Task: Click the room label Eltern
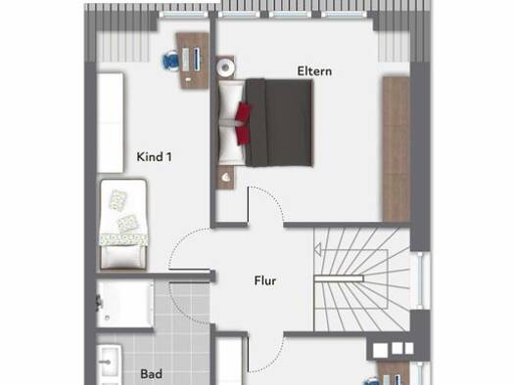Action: point(314,71)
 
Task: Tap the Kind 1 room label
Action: point(154,156)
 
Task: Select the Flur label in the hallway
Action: point(265,280)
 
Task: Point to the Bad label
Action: point(151,373)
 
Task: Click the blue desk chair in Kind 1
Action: point(170,61)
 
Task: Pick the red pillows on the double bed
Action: point(243,123)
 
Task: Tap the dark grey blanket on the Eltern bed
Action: point(279,123)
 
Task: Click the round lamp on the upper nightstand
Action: point(225,67)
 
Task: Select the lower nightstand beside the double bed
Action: point(225,177)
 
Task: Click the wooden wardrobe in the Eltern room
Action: point(397,149)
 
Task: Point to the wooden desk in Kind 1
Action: point(193,61)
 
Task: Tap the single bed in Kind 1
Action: point(123,225)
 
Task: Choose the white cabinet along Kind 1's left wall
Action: point(110,123)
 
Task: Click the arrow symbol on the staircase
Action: point(317,250)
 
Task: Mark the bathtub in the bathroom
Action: point(125,304)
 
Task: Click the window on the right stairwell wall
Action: point(421,280)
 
